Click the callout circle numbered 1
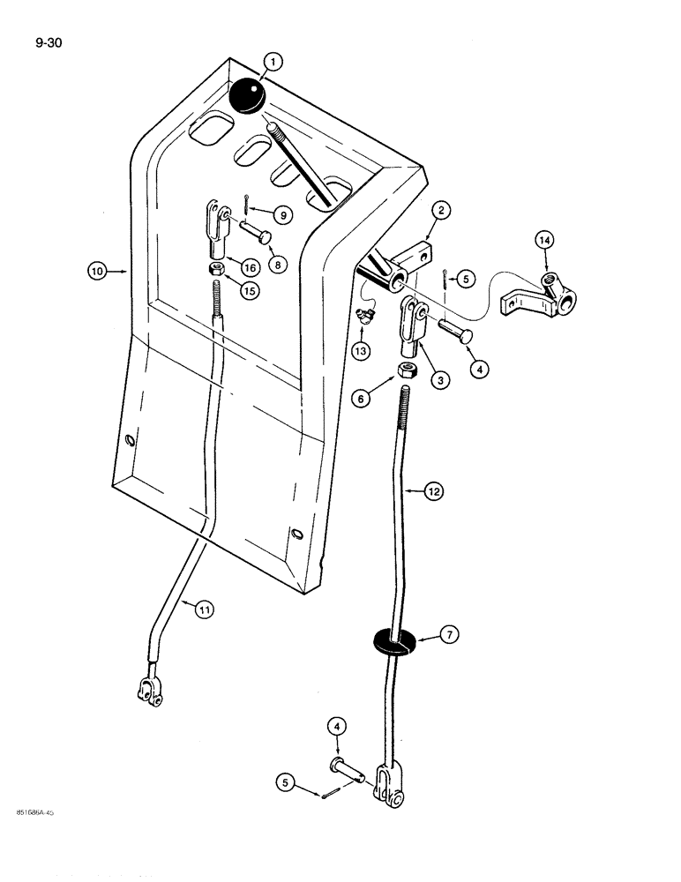273,62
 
